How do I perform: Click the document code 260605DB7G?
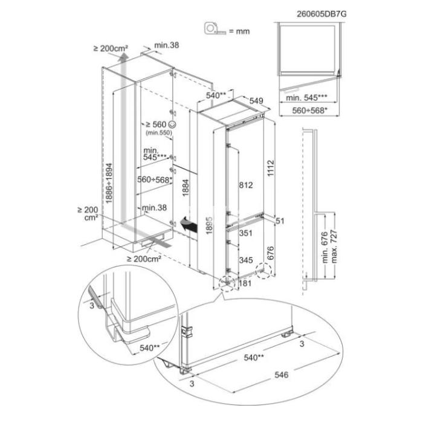[x=321, y=14]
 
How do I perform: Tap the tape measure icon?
[x=215, y=29]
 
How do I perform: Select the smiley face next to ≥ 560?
[x=172, y=124]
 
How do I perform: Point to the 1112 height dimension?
[x=271, y=169]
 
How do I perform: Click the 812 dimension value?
[x=246, y=185]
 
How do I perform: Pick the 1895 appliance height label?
[x=209, y=225]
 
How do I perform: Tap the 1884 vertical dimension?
[x=186, y=188]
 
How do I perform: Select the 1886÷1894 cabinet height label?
[x=109, y=184]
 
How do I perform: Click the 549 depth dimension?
[x=256, y=101]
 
